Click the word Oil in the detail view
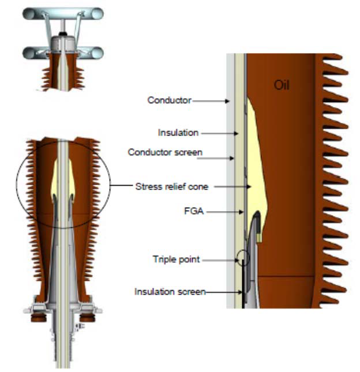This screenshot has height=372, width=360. (x=282, y=87)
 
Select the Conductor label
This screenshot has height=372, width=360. (x=168, y=100)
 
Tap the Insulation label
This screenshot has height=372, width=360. (x=178, y=133)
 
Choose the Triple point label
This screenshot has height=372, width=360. (x=176, y=260)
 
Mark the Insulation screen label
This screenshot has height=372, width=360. (x=170, y=292)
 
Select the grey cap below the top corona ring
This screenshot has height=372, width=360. (x=63, y=42)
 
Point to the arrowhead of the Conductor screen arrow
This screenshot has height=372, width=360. (x=234, y=157)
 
